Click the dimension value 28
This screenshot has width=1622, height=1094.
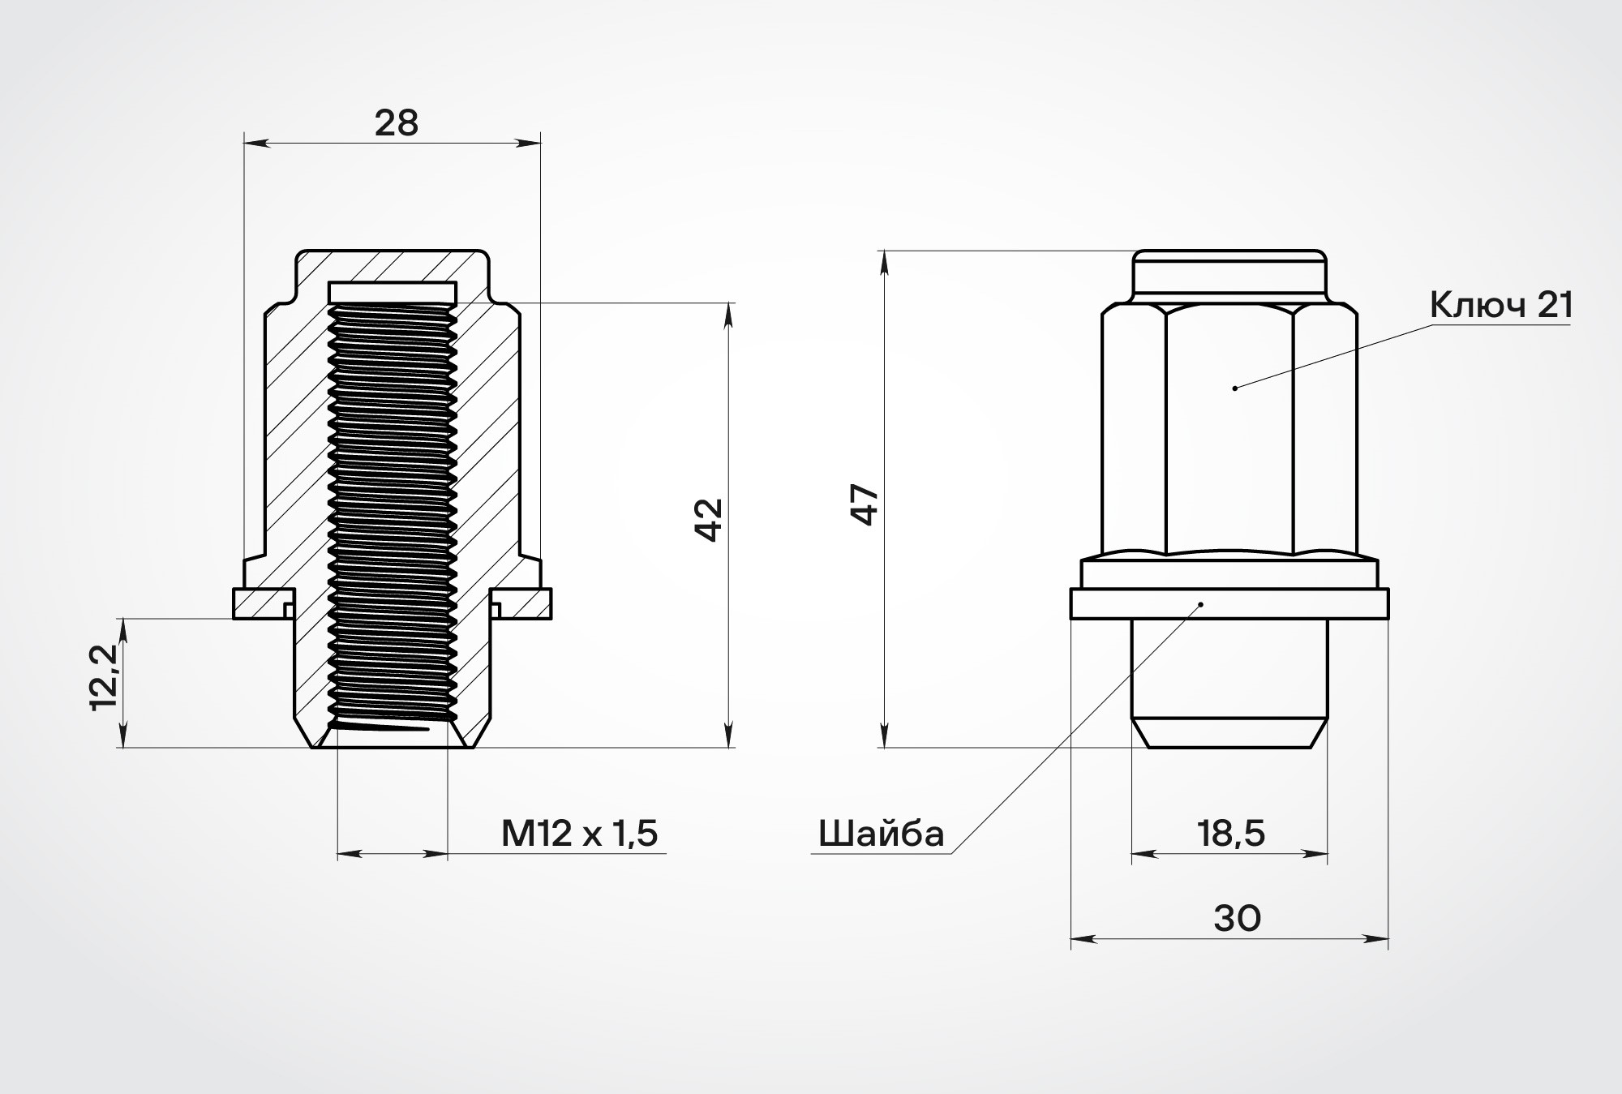[397, 123]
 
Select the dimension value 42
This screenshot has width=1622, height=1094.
[710, 520]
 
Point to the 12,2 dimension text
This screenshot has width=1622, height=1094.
[105, 677]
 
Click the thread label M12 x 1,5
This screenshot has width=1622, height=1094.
[579, 833]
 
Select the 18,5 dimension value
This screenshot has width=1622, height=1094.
[1230, 833]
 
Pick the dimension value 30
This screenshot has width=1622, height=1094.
[1238, 918]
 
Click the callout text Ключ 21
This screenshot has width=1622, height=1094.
[1501, 306]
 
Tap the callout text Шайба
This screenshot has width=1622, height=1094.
[882, 834]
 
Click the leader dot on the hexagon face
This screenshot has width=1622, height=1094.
[1234, 388]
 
